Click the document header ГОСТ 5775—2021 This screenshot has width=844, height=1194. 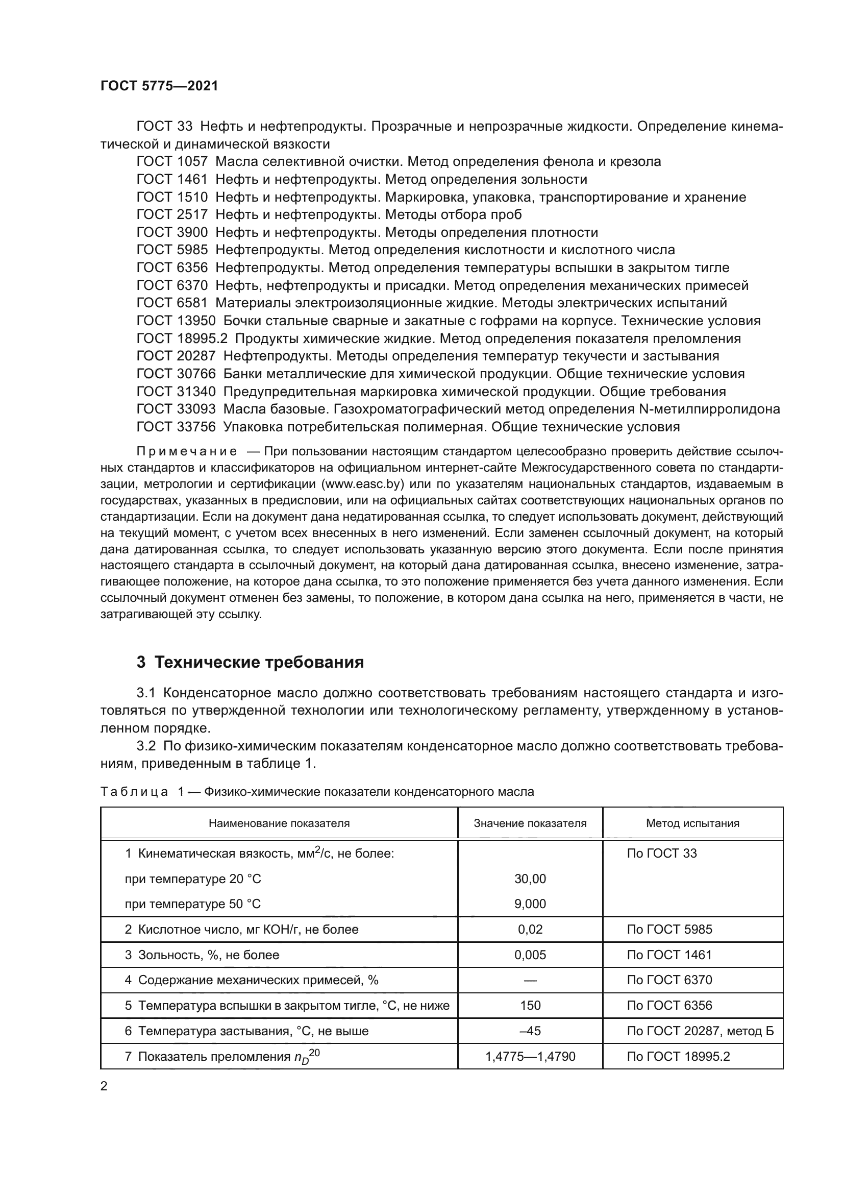[x=159, y=86]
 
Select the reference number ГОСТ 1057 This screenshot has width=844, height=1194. [x=172, y=162]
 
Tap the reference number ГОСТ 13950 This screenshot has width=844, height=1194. [x=176, y=321]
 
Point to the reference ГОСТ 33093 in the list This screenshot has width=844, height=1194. [x=176, y=409]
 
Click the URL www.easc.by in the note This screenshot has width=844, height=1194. [x=363, y=484]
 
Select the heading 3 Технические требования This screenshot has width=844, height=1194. [x=250, y=663]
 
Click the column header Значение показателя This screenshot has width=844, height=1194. [x=530, y=823]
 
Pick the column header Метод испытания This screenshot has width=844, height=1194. [x=692, y=823]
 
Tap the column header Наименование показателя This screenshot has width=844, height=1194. [x=279, y=823]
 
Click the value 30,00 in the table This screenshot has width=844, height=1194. [x=530, y=879]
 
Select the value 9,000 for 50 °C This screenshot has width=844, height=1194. [x=530, y=904]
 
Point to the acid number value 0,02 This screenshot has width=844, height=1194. [x=530, y=929]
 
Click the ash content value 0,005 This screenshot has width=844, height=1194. [x=530, y=955]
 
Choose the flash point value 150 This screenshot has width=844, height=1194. [x=530, y=1005]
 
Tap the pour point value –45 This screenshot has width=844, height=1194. [x=530, y=1031]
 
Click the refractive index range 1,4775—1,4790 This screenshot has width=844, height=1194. [x=530, y=1056]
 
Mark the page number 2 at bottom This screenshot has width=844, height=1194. [x=104, y=1086]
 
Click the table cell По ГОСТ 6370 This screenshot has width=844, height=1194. [x=669, y=980]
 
